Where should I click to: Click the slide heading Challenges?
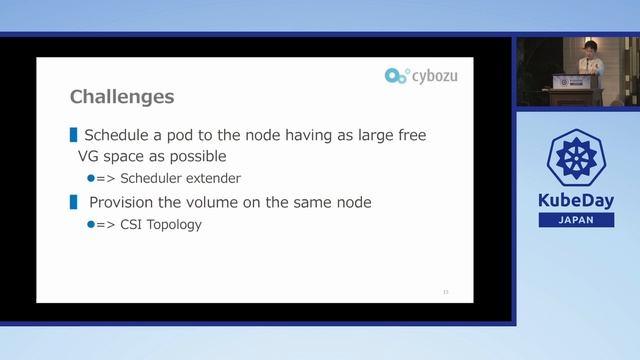click(122, 97)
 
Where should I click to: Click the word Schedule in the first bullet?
click(117, 135)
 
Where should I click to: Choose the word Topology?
click(173, 224)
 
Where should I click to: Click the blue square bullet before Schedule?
click(73, 134)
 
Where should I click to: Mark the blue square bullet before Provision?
click(73, 202)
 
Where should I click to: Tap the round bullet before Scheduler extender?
click(90, 178)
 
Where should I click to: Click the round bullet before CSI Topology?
click(90, 224)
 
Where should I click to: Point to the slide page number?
click(446, 292)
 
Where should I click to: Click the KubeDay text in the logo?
click(577, 200)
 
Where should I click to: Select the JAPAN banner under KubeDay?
click(577, 220)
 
